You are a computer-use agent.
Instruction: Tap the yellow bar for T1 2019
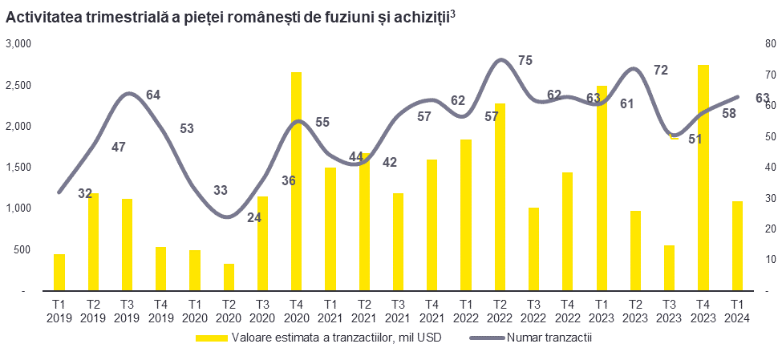click(59, 272)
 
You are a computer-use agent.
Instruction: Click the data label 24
click(255, 216)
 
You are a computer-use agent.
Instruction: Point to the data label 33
click(221, 191)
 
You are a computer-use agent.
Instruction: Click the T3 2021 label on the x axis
click(398, 311)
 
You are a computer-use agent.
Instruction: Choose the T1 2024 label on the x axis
click(737, 311)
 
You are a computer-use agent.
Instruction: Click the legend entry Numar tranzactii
click(549, 338)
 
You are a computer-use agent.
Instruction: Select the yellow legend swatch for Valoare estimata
click(212, 338)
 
